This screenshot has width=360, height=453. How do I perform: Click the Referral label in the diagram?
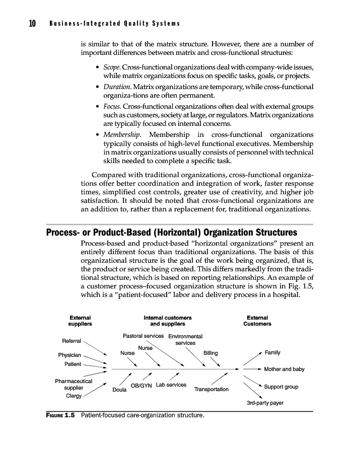(71, 341)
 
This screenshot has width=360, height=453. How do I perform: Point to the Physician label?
(69, 355)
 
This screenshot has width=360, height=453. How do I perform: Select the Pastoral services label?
(143, 336)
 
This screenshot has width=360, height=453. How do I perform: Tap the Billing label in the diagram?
(210, 353)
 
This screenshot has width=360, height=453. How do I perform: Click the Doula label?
(119, 390)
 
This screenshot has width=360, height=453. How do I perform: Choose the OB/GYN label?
(141, 386)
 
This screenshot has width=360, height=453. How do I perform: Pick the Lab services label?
(171, 385)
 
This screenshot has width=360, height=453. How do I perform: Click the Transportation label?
(211, 390)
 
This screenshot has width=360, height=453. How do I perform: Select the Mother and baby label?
(284, 369)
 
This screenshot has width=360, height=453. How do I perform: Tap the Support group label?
(281, 387)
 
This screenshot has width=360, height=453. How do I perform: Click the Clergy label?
(74, 396)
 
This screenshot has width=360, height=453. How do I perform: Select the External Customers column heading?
(257, 321)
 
